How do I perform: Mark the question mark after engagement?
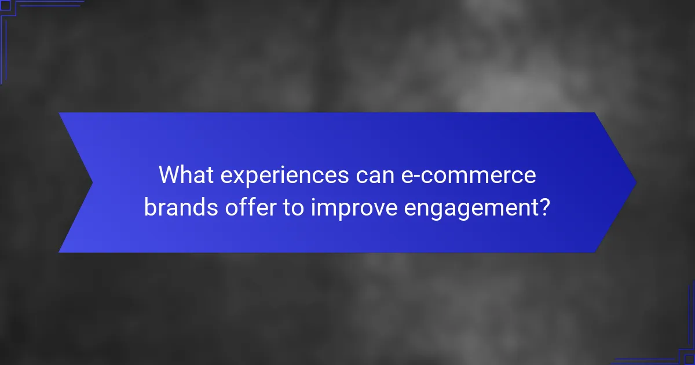point(543,207)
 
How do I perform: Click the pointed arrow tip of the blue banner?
point(635,183)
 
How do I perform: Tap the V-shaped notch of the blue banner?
point(93,183)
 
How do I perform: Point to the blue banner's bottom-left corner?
point(60,251)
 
